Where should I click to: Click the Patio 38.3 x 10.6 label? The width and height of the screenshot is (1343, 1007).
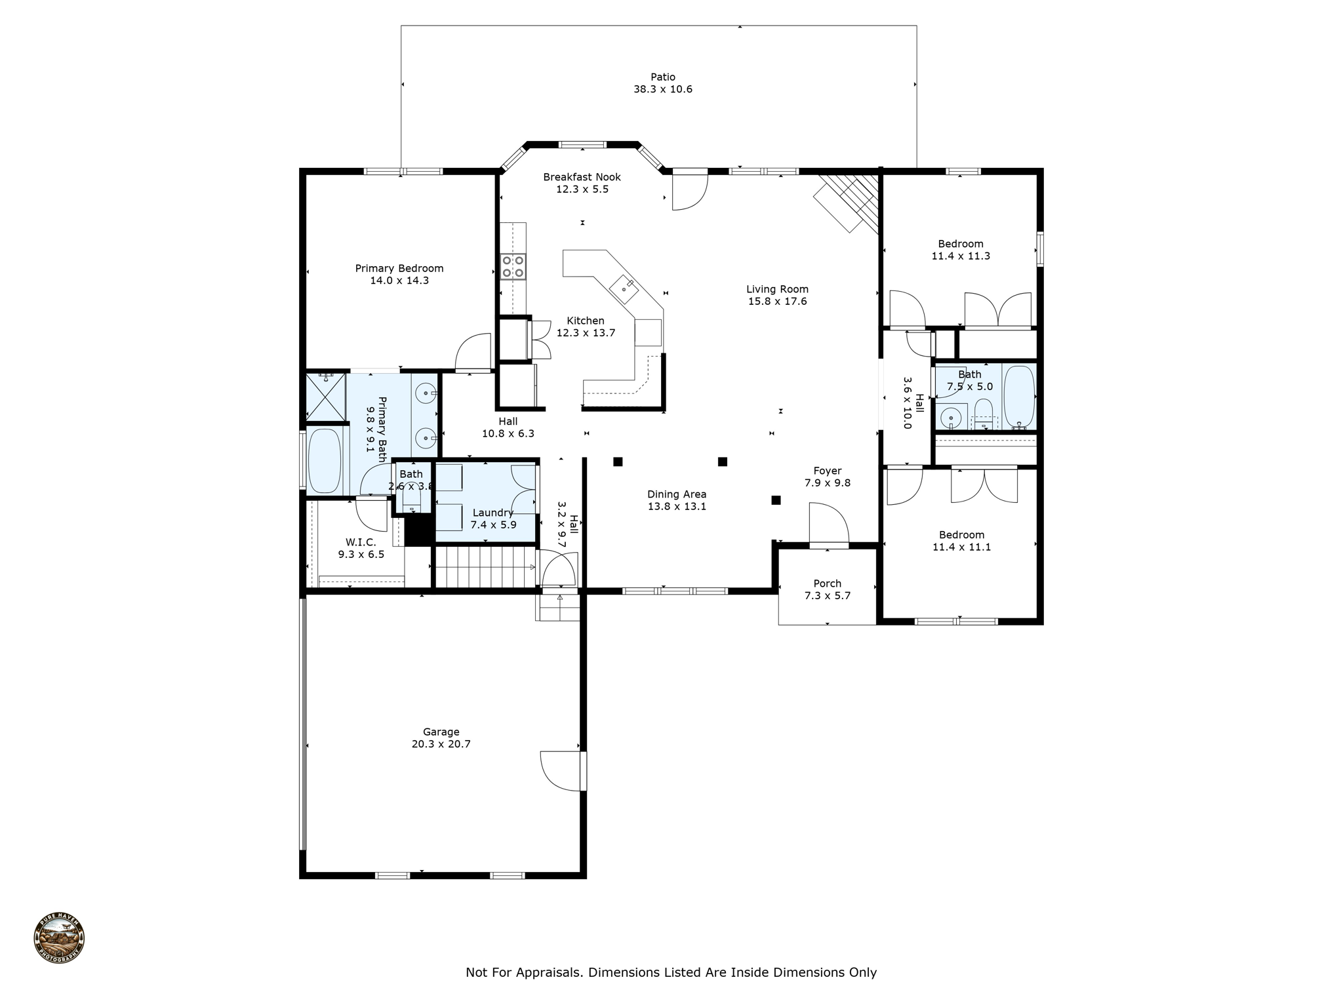click(x=662, y=83)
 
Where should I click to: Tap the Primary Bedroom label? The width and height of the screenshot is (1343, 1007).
click(x=399, y=268)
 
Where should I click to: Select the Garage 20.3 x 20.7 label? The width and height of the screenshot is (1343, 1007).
click(x=441, y=738)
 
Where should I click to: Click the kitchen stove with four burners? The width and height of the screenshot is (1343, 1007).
click(x=513, y=266)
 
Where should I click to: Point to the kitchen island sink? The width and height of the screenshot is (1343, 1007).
click(x=623, y=286)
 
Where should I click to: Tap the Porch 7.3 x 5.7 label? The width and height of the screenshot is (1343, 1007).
click(x=827, y=589)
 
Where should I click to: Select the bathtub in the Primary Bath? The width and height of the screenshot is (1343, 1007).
click(x=324, y=460)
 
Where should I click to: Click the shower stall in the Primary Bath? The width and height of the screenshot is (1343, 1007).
click(x=326, y=397)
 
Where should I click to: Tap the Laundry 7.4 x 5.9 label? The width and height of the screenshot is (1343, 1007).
click(x=493, y=519)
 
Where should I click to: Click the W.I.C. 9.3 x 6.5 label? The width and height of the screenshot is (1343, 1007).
click(x=361, y=548)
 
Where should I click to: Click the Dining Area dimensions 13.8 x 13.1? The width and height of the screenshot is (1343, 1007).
click(x=677, y=507)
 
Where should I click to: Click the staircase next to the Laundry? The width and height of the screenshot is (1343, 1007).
click(x=485, y=567)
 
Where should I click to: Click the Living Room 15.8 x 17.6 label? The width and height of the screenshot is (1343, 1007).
click(x=777, y=295)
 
